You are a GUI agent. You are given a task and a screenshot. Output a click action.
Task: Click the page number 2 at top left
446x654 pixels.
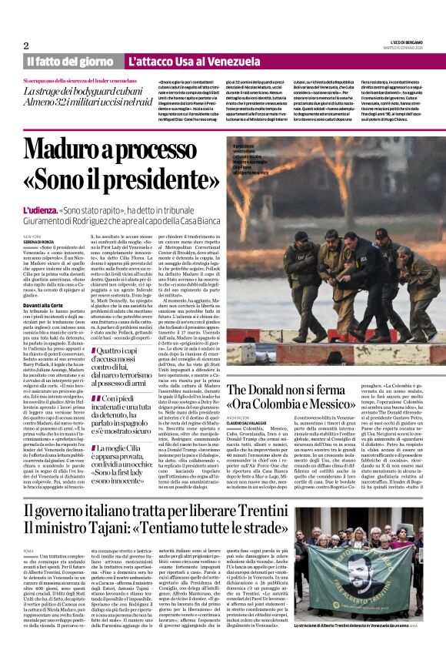pos(25,45)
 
